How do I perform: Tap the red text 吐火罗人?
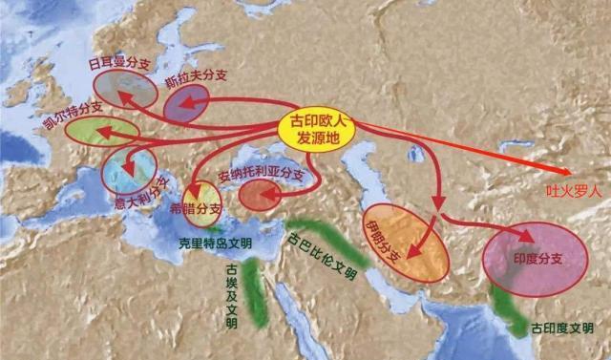[x=574, y=190]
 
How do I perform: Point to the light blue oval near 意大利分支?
[x=128, y=169]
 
